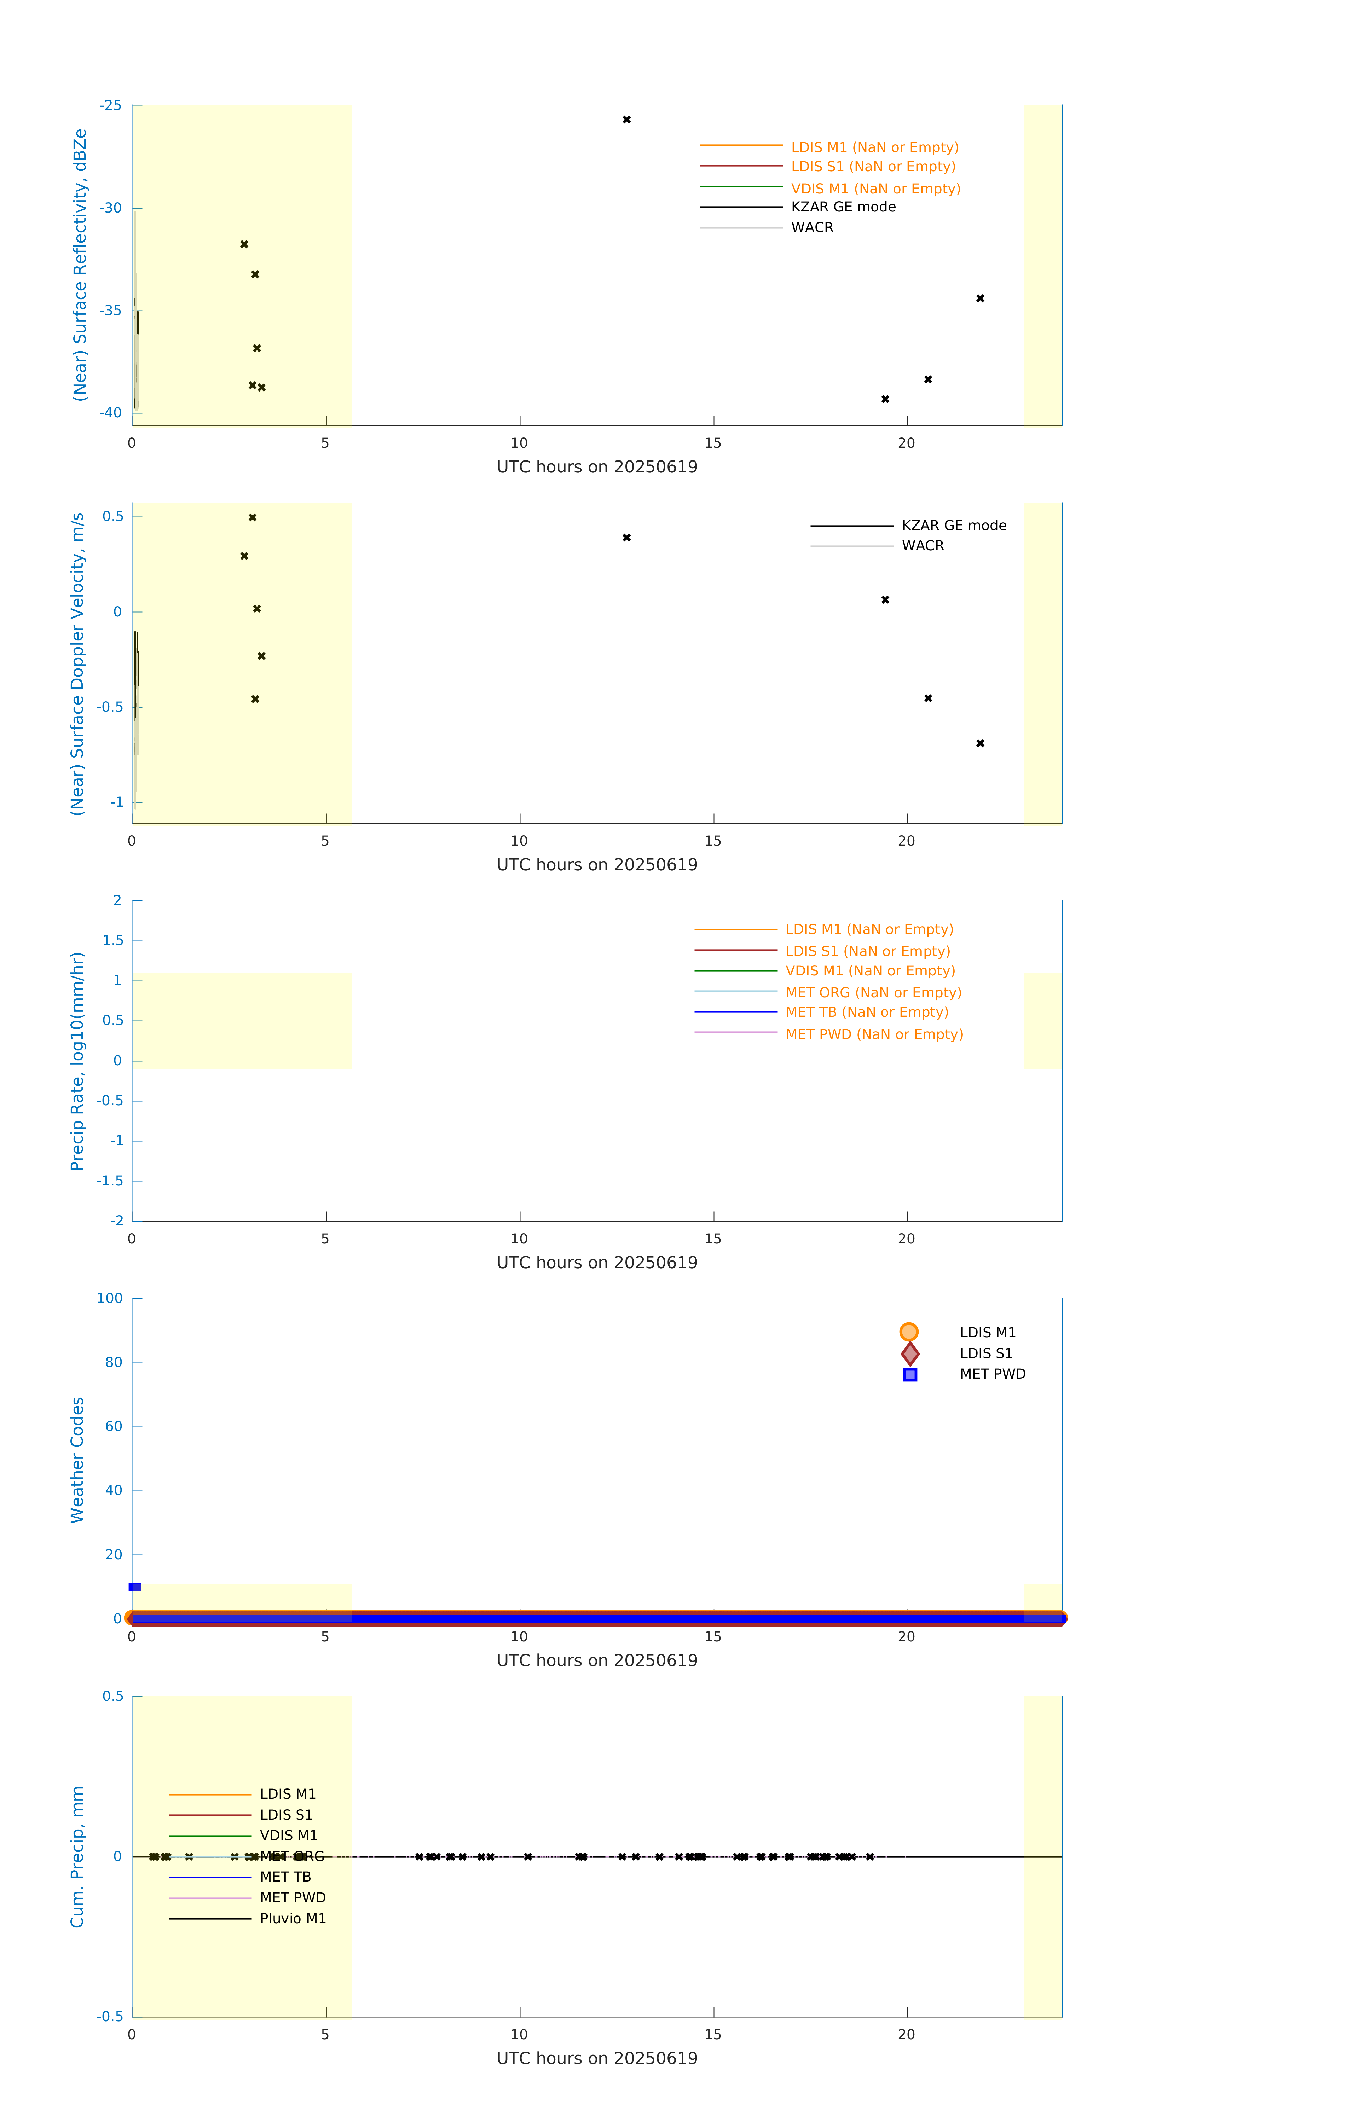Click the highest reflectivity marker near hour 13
point(627,120)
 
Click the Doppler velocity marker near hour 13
point(627,538)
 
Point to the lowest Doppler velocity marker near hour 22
point(980,744)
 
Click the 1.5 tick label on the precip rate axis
point(113,940)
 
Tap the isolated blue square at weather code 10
point(135,1587)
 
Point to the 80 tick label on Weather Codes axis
point(114,1362)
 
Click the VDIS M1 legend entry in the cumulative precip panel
point(288,1836)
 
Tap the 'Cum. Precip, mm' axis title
point(77,1857)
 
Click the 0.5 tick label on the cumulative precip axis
point(113,1697)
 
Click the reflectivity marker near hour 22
point(980,299)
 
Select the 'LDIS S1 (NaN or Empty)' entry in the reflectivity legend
point(873,167)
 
